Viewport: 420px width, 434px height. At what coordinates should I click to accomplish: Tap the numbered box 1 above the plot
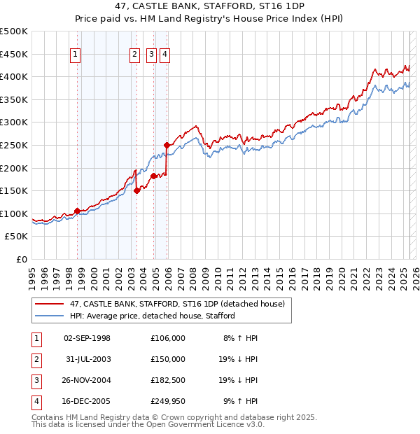(x=75, y=56)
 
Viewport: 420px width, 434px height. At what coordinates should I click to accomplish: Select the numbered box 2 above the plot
(x=134, y=56)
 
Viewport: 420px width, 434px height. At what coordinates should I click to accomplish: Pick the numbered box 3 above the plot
(x=152, y=56)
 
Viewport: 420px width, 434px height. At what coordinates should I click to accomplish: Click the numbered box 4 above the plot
(x=164, y=56)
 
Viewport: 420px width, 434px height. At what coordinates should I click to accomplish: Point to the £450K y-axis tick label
(x=14, y=54)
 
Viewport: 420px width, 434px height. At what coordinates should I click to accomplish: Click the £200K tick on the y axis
(x=14, y=168)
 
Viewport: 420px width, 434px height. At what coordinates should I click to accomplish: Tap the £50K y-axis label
(x=17, y=237)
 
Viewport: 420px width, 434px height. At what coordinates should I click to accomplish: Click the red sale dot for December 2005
(x=167, y=145)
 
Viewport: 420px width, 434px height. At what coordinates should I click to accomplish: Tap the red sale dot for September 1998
(x=77, y=211)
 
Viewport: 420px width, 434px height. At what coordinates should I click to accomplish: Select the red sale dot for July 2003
(x=137, y=190)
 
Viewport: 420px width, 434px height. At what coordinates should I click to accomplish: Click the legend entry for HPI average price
(x=151, y=316)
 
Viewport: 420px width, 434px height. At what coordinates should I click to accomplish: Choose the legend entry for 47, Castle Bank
(x=176, y=304)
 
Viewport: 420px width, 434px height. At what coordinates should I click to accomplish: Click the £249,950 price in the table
(x=167, y=401)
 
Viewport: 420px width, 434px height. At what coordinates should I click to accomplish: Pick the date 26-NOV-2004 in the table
(x=87, y=380)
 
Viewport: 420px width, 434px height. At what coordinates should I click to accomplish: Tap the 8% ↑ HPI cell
(x=241, y=338)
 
